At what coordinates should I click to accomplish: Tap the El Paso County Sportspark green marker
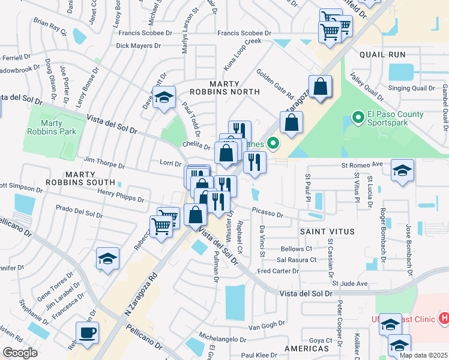tap(358, 116)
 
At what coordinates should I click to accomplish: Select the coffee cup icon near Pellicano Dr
tap(87, 333)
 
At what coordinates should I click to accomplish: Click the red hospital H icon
tap(444, 317)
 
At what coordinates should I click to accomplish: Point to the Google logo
tap(20, 353)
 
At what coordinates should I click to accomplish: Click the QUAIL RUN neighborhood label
tap(382, 55)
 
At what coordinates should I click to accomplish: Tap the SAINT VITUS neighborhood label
tap(328, 231)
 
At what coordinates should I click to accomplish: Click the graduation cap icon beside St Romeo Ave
tap(402, 170)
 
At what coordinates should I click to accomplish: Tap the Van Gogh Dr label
tap(261, 326)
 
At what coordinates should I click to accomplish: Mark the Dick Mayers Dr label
tap(139, 46)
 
